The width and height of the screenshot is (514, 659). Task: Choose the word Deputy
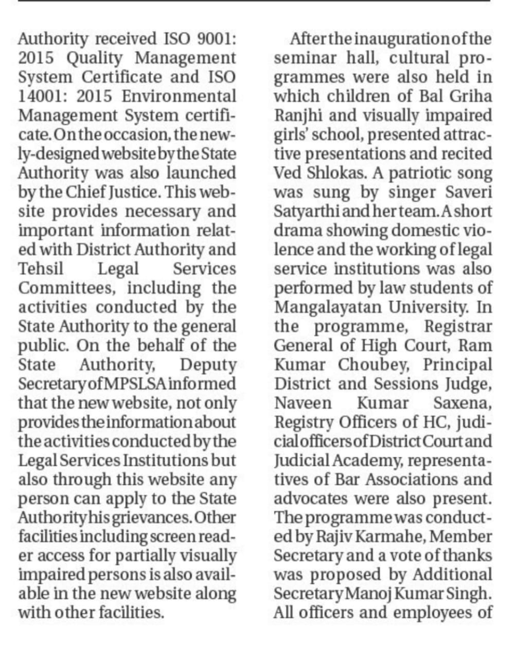coord(208,365)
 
